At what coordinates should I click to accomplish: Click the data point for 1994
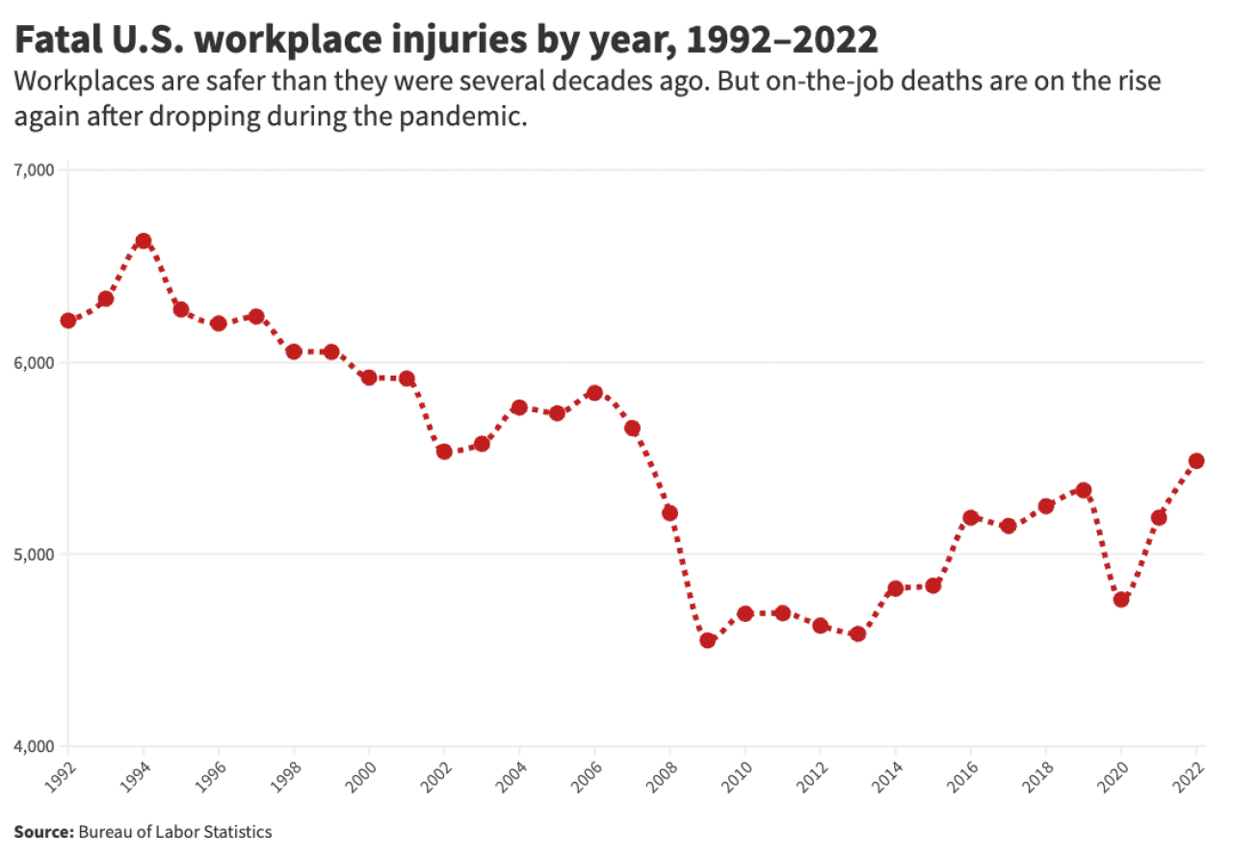(144, 241)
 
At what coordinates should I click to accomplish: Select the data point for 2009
(708, 640)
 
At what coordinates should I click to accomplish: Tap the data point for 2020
(1121, 599)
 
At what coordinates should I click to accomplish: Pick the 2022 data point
(1196, 460)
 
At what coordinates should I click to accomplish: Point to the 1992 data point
(68, 321)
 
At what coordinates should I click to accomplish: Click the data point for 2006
(594, 393)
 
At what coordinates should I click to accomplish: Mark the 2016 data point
(971, 517)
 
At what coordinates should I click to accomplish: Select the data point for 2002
(444, 451)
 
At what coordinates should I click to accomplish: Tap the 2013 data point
(858, 634)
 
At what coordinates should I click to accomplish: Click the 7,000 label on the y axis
(38, 170)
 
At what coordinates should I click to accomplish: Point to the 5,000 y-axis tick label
(38, 555)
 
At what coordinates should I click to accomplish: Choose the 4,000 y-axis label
(38, 746)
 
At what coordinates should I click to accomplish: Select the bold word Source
(43, 831)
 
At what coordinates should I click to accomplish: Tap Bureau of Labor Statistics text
(175, 831)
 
